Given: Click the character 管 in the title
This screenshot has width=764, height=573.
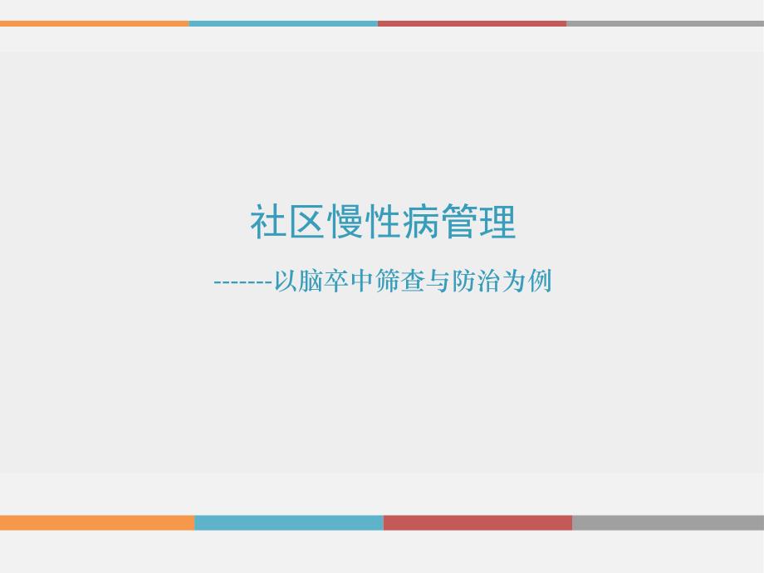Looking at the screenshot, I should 459,223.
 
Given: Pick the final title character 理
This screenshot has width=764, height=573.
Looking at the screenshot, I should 497,223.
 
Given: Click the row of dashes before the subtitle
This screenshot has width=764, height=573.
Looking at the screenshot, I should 243,283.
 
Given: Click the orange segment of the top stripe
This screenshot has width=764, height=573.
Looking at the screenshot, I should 94,23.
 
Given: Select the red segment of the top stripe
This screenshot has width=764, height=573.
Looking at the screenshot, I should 472,23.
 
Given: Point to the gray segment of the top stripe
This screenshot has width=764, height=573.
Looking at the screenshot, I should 664,23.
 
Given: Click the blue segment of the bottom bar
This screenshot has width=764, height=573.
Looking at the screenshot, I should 289,522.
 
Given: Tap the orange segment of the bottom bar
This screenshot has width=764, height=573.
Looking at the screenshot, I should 97,522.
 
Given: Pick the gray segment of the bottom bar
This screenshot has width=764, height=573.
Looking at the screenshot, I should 668,522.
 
